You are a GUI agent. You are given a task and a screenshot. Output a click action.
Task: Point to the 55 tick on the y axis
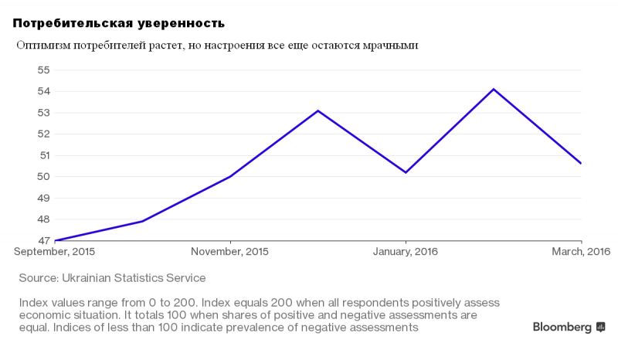pyautogui.click(x=43, y=70)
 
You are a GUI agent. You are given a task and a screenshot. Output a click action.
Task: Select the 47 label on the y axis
pyautogui.click(x=43, y=240)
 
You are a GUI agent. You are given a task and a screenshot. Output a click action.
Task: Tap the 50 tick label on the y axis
pyautogui.click(x=43, y=176)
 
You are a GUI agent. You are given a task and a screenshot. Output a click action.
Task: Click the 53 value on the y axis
pyautogui.click(x=43, y=113)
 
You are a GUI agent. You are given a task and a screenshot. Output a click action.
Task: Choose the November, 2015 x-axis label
pyautogui.click(x=230, y=252)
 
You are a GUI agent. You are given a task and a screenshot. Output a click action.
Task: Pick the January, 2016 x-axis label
pyautogui.click(x=406, y=252)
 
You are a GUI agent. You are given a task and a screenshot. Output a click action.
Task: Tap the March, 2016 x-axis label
pyautogui.click(x=581, y=252)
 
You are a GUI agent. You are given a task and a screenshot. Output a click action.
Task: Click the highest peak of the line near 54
pyautogui.click(x=494, y=89)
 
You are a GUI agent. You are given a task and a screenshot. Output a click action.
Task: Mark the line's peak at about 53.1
pyautogui.click(x=318, y=110)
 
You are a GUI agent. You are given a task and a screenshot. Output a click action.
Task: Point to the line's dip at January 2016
pyautogui.click(x=406, y=172)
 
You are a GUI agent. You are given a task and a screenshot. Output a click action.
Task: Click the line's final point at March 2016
pyautogui.click(x=580, y=163)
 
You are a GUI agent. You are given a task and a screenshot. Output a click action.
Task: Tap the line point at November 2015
pyautogui.click(x=230, y=176)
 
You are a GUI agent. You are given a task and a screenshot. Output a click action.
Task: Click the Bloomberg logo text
pyautogui.click(x=562, y=327)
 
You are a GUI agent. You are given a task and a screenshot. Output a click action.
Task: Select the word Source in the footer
pyautogui.click(x=39, y=277)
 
